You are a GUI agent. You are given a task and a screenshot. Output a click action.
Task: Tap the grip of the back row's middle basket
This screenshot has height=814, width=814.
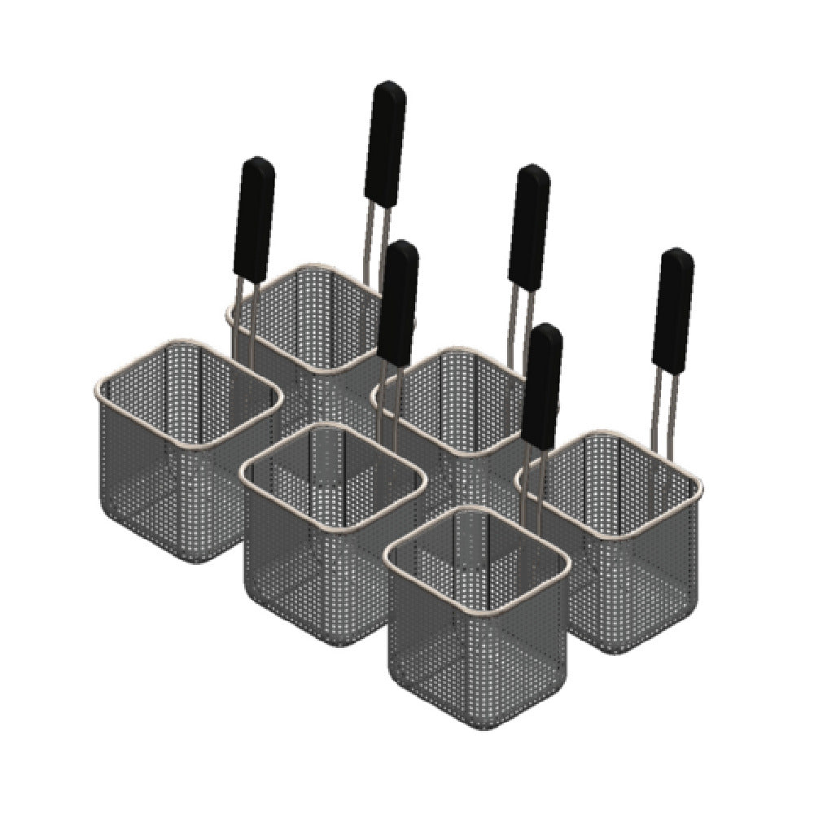(x=528, y=228)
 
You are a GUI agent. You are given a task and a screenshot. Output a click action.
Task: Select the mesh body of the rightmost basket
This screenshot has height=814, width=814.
(x=627, y=570)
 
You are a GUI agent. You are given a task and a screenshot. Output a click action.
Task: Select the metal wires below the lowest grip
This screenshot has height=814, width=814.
(x=533, y=480)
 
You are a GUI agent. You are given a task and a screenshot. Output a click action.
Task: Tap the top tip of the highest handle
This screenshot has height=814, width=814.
(x=390, y=82)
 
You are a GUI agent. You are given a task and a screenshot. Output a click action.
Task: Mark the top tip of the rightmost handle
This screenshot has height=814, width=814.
(x=679, y=250)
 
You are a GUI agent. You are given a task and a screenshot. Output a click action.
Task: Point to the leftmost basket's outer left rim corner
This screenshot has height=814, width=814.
(x=97, y=386)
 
